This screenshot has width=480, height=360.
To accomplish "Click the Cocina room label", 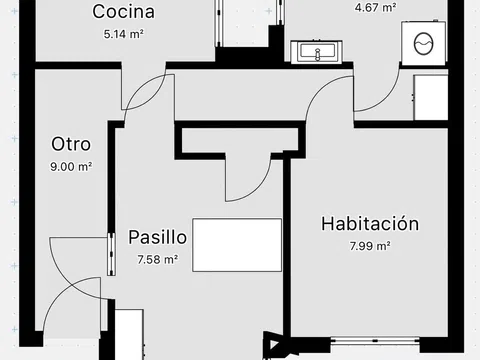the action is click(123, 12).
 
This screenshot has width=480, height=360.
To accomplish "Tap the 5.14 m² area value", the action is click(124, 34).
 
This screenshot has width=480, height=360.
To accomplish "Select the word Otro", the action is click(71, 144).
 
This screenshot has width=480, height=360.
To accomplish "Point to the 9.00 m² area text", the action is click(71, 166).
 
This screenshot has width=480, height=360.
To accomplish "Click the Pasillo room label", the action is click(157, 237).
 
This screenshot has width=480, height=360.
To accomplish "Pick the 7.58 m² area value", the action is click(157, 259).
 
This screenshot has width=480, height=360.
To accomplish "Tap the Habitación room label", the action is click(370, 223).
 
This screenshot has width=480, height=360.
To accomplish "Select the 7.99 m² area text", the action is click(370, 246).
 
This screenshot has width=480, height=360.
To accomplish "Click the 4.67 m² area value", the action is click(375, 7).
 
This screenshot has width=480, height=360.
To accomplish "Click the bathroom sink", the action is click(317, 52).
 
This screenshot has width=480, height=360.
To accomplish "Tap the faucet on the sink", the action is click(317, 54).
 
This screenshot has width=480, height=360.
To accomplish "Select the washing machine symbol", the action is click(424, 43).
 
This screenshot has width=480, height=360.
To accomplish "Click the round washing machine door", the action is click(424, 44).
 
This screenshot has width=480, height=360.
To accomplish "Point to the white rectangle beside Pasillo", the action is click(237, 245).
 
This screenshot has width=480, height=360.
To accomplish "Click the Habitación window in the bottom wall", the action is click(375, 340).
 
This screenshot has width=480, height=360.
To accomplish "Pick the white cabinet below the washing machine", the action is click(431, 97).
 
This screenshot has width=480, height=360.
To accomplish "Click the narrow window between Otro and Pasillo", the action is click(111, 254).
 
